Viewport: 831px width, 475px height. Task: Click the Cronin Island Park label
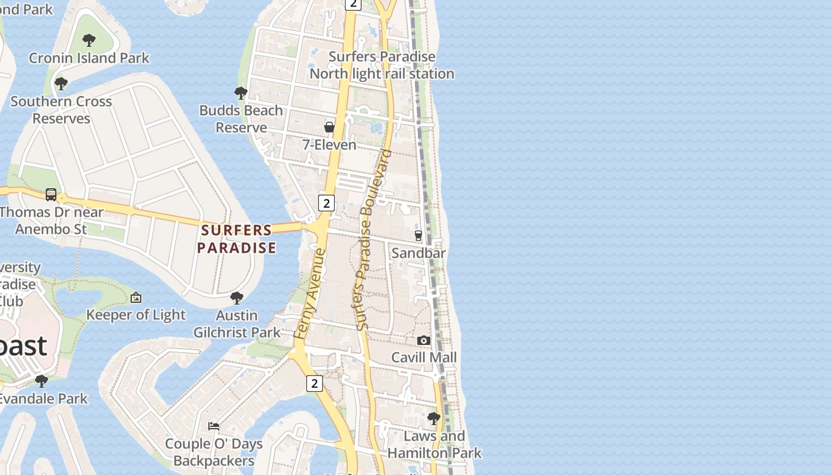[x=89, y=58]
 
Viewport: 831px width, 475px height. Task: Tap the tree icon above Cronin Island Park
[x=89, y=40]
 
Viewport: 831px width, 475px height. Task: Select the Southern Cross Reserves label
[x=61, y=109]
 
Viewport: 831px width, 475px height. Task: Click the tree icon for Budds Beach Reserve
[x=240, y=93]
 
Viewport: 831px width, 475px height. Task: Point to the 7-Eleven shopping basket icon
[x=329, y=127]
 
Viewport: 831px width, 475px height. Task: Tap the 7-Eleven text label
[x=329, y=145]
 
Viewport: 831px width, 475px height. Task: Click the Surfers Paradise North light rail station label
[x=382, y=65]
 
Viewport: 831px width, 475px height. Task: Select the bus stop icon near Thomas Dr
[x=51, y=194]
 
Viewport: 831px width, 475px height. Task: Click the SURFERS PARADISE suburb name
[x=237, y=239]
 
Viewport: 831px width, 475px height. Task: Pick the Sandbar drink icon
[x=418, y=235]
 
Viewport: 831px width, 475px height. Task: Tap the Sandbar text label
[x=418, y=253]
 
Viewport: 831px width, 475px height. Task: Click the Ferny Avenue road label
[x=310, y=294]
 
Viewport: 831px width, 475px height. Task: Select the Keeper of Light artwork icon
[x=136, y=297]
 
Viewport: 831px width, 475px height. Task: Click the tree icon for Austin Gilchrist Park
[x=237, y=297]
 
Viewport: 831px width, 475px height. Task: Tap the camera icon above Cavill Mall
[x=424, y=340]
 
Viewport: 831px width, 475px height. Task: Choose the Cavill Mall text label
[x=424, y=357]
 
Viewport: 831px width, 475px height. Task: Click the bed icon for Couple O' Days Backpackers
[x=214, y=426]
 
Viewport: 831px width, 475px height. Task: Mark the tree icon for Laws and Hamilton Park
[x=434, y=419]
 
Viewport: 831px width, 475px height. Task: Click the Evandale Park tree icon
[x=42, y=381]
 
